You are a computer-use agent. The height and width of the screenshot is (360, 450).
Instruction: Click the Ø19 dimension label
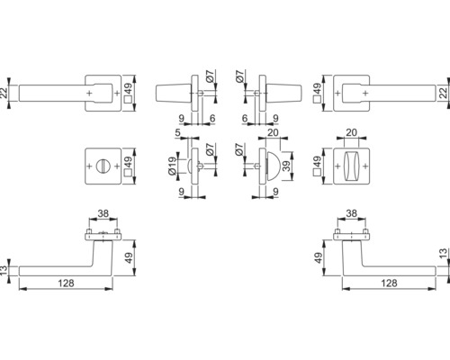(172, 166)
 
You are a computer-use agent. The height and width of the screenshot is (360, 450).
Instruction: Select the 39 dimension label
(287, 166)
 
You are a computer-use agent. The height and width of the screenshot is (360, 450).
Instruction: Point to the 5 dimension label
(178, 132)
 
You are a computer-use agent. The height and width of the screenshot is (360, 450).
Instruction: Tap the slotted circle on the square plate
(103, 166)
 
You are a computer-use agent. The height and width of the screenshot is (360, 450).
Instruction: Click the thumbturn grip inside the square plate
(351, 166)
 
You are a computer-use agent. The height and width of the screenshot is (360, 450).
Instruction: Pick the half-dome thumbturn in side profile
(273, 166)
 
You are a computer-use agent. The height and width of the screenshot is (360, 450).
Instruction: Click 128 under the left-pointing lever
(66, 283)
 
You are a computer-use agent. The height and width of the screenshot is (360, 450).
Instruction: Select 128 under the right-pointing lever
(389, 283)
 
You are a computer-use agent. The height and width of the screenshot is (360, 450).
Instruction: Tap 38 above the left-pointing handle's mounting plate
(103, 213)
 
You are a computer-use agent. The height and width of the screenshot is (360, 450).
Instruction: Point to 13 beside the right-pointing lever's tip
(443, 254)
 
